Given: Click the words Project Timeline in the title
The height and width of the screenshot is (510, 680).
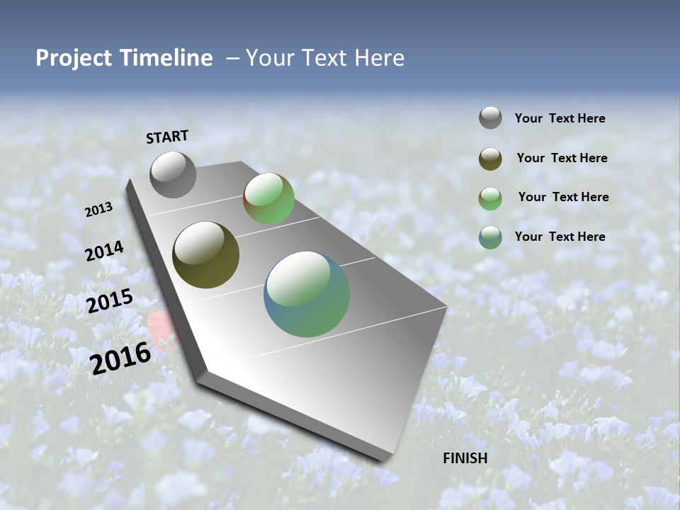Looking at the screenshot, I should pyautogui.click(x=124, y=58).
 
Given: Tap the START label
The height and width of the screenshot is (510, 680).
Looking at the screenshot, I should pyautogui.click(x=167, y=137).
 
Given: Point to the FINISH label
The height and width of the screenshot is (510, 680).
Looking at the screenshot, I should pyautogui.click(x=465, y=458).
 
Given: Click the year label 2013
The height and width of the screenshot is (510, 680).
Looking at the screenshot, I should pyautogui.click(x=99, y=209).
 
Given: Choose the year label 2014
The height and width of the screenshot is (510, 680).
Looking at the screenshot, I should pyautogui.click(x=105, y=251).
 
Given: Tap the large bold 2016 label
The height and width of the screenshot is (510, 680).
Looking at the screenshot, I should pyautogui.click(x=120, y=358).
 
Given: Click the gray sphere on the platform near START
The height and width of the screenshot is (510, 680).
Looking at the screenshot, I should pyautogui.click(x=173, y=174).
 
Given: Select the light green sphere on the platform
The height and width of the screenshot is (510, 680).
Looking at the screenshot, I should pyautogui.click(x=269, y=198).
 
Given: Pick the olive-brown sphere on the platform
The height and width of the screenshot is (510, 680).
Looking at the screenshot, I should pyautogui.click(x=206, y=255).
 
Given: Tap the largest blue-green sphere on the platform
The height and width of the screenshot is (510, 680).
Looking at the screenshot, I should pyautogui.click(x=307, y=294).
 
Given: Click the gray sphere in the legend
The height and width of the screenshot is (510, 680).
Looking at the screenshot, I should pyautogui.click(x=490, y=118).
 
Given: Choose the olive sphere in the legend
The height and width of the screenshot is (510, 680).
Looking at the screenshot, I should pyautogui.click(x=490, y=159).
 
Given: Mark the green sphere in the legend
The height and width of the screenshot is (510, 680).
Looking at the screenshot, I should pyautogui.click(x=490, y=198).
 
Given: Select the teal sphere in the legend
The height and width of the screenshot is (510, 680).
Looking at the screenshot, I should pyautogui.click(x=490, y=237).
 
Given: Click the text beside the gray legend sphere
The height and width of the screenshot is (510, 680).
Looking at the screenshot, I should pyautogui.click(x=560, y=118).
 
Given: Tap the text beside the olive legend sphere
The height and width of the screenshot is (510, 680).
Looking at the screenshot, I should pyautogui.click(x=562, y=158).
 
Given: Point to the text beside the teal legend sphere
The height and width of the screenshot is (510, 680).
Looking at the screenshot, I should pyautogui.click(x=560, y=237).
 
